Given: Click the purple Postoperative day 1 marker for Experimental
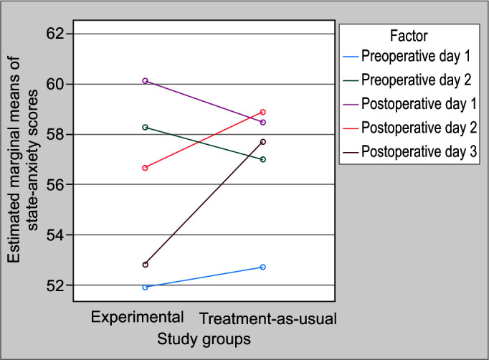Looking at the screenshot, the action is (145, 81).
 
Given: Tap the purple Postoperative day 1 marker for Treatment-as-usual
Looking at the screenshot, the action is (263, 123).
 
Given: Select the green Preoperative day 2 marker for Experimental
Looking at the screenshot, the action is (145, 127).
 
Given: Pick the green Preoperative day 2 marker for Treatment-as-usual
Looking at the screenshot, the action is (263, 159).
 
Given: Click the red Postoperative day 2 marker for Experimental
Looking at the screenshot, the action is (145, 168).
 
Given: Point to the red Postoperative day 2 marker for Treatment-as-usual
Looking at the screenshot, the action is (263, 112).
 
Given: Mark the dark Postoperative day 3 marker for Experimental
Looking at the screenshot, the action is (145, 265).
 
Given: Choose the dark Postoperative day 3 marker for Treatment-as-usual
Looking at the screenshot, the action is (263, 142).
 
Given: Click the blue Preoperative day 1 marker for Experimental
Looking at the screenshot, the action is (145, 288).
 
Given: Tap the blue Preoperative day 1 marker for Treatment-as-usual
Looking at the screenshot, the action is (263, 267).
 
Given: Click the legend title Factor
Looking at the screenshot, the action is (409, 36).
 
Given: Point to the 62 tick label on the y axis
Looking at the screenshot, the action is (55, 34).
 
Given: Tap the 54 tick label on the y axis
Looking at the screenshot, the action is (55, 235).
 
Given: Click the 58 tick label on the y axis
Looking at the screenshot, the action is (55, 134).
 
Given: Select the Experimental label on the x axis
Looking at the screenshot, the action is (137, 318).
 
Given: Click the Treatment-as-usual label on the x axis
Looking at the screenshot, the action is (268, 319).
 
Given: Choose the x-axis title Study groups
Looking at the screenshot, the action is (204, 339).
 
